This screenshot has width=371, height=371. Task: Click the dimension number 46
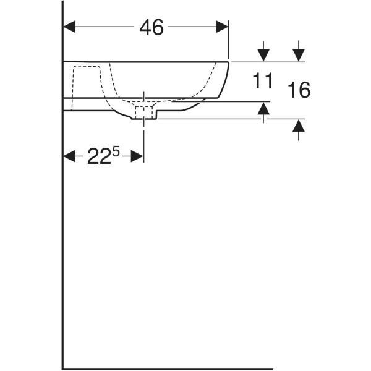(151, 27)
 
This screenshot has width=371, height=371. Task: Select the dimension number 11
(263, 80)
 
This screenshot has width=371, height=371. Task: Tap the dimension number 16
(299, 90)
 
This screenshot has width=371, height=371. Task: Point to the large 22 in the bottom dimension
(100, 156)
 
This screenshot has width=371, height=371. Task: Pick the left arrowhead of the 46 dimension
(69, 27)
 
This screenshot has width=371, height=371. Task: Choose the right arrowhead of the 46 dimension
(222, 27)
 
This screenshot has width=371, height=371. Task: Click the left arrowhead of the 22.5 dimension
(69, 156)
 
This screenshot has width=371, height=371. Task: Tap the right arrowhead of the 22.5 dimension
(137, 156)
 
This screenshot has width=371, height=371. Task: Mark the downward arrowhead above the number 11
(263, 55)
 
